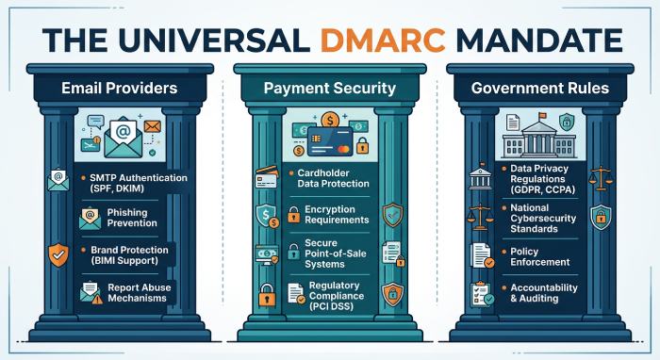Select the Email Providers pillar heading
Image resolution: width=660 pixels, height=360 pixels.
(119, 90)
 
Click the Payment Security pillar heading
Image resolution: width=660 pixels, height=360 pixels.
(329, 90)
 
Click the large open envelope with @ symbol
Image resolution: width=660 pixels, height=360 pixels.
(121, 140)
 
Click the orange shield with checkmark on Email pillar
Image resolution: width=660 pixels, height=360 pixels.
(58, 254)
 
